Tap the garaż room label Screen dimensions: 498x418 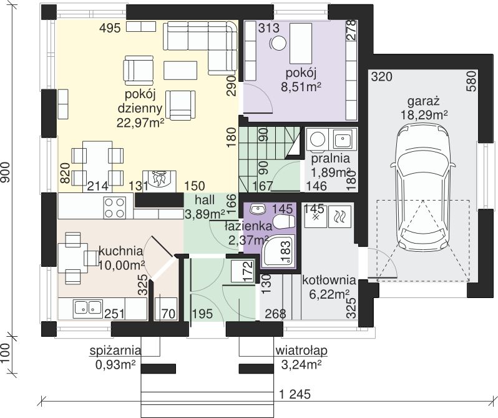click(x=423, y=101)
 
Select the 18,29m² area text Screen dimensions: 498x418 click(x=424, y=115)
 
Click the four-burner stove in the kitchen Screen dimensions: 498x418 click(x=114, y=207)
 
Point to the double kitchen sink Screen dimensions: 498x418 click(x=87, y=308)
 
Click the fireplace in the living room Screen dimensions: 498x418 click(x=159, y=181)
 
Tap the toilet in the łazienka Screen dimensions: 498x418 click(x=284, y=222)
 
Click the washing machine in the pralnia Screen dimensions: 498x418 click(x=317, y=139)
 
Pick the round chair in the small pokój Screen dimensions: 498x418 click(x=278, y=44)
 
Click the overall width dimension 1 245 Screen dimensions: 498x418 click(x=295, y=394)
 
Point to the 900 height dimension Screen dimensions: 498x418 click(x=6, y=172)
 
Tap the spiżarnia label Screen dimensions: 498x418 click(x=115, y=351)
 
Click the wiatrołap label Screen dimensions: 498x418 click(x=301, y=351)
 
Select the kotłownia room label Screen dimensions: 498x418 click(x=329, y=280)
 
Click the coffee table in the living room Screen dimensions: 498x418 click(x=181, y=70)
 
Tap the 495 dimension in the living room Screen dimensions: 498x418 click(x=110, y=28)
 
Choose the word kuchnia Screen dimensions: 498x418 click(x=120, y=251)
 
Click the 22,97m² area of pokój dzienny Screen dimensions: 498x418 click(x=140, y=122)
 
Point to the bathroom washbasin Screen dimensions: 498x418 click(x=258, y=209)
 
